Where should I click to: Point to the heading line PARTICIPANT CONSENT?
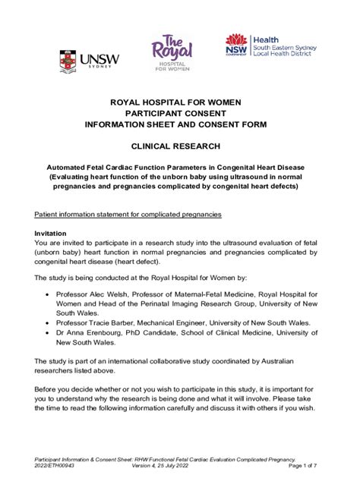180,112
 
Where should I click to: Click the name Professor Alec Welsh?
95,294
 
